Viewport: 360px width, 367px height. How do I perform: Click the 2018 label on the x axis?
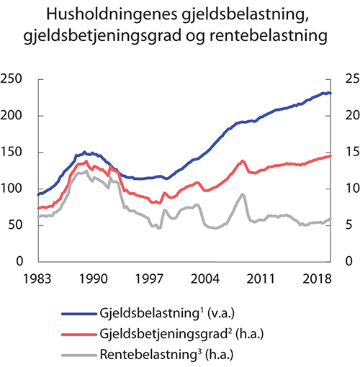point(314,278)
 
